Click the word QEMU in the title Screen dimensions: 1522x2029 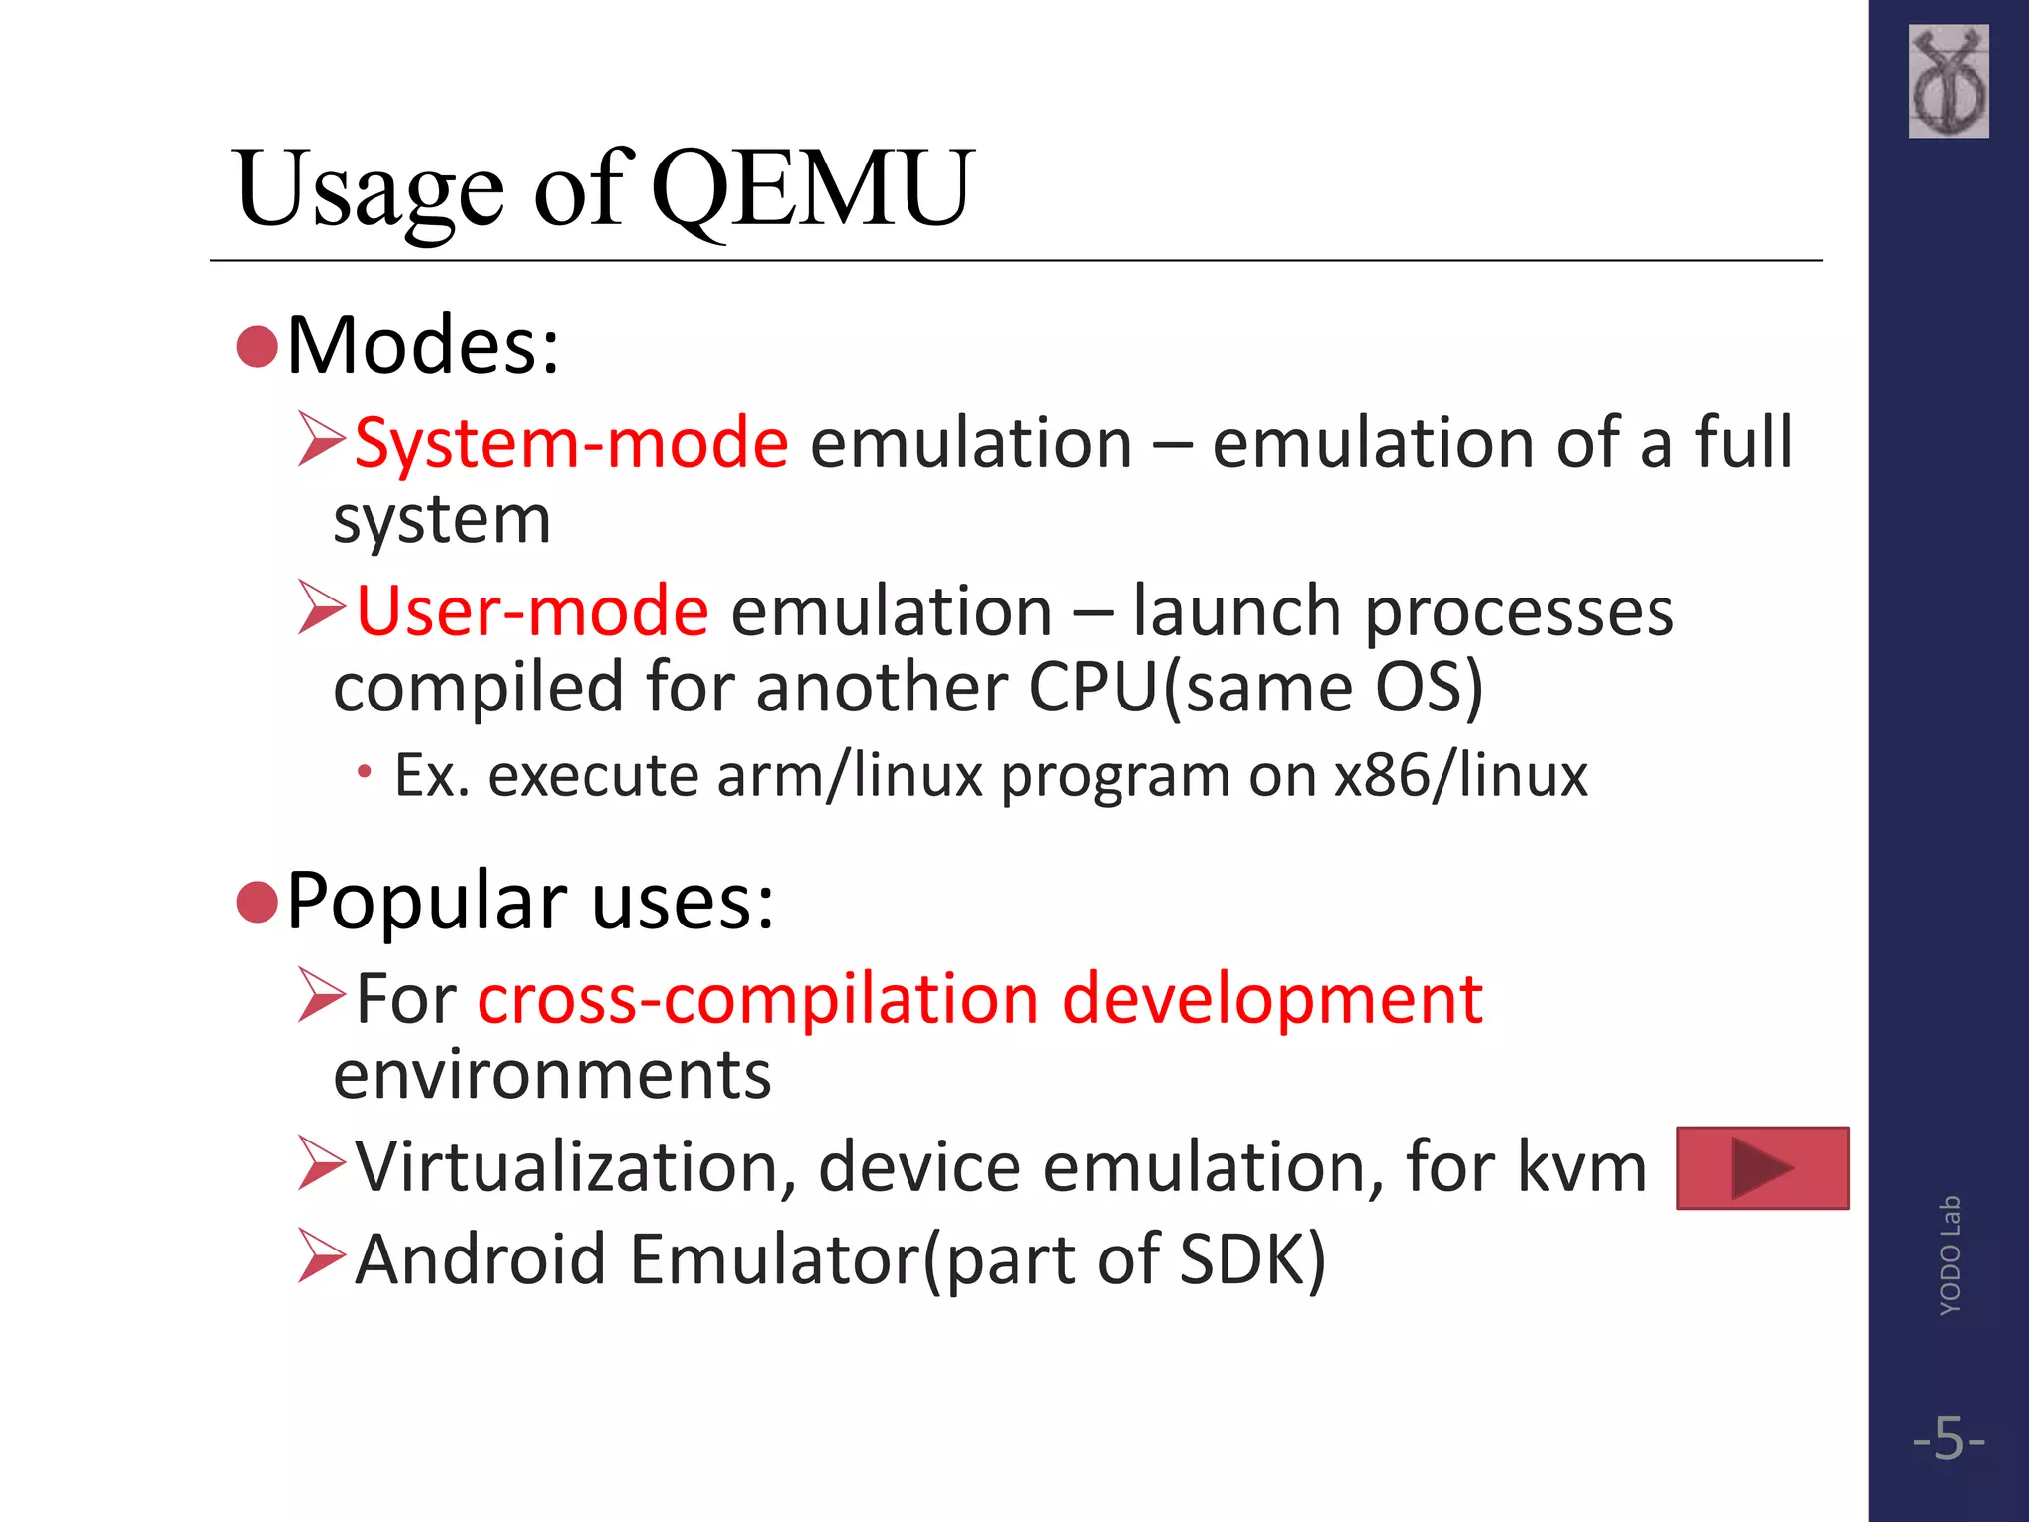tap(812, 188)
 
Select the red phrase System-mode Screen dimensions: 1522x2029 tap(572, 442)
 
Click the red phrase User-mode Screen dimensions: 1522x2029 tap(532, 611)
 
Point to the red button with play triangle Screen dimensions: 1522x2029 tap(1762, 1168)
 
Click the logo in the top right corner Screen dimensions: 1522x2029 tap(1948, 81)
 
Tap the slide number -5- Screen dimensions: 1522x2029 tap(1949, 1438)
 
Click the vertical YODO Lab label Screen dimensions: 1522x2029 tap(1949, 1255)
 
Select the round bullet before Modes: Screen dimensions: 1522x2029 tap(258, 347)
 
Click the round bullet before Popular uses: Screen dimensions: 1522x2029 tap(258, 903)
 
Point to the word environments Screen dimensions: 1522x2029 tap(552, 1075)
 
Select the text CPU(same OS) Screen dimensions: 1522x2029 tap(1256, 687)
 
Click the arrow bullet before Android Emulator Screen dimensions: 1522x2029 tap(321, 1256)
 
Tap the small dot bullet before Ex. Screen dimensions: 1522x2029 tap(365, 772)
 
